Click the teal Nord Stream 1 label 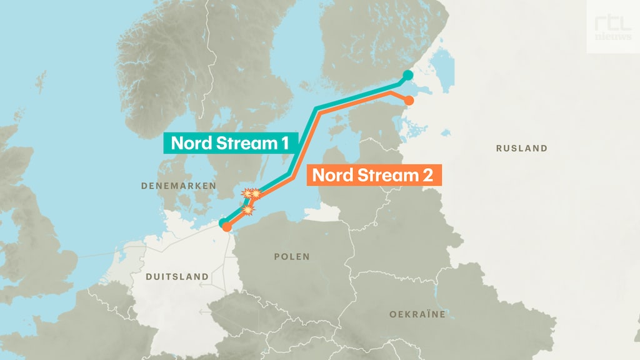[x=229, y=142]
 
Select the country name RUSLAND [x=521, y=149]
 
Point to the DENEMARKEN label [x=178, y=186]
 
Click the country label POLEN [x=292, y=257]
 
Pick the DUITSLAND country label [x=177, y=276]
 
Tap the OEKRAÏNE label [x=417, y=314]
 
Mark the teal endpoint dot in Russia [x=407, y=76]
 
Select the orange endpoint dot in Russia [x=409, y=100]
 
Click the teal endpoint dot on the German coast [x=222, y=222]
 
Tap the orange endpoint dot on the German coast [x=227, y=227]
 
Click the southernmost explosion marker [x=248, y=210]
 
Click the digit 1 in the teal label [x=284, y=142]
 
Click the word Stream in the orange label [x=382, y=174]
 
